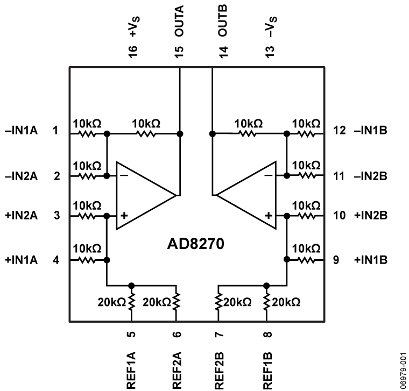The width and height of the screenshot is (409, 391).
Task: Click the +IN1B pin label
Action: click(371, 260)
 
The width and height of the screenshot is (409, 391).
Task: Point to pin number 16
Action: click(132, 52)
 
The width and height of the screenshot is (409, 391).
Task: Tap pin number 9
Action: click(336, 260)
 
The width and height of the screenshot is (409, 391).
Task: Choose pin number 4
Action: click(56, 260)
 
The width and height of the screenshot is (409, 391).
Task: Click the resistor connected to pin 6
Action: click(178, 301)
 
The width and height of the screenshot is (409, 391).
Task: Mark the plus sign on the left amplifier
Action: click(124, 215)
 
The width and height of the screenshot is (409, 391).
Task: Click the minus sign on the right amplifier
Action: click(267, 175)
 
